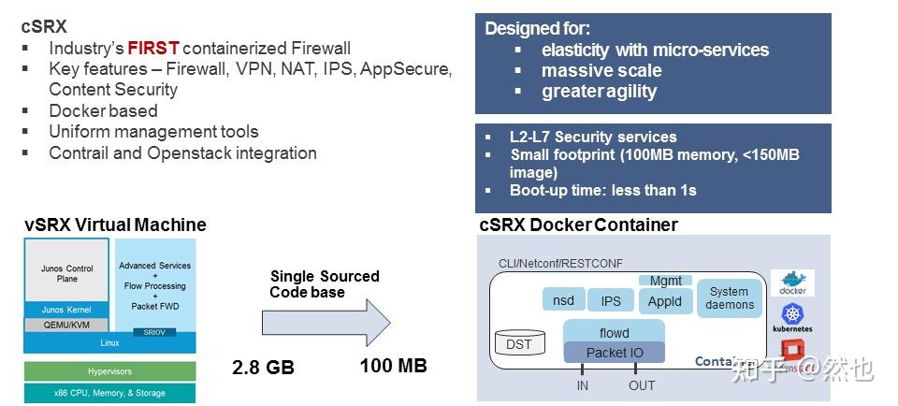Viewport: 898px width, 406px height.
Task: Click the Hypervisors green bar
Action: (x=109, y=371)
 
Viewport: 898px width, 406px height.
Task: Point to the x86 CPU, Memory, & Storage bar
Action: (x=109, y=393)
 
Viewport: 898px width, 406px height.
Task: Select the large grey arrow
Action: (x=326, y=324)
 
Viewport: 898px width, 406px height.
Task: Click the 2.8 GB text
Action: (x=263, y=368)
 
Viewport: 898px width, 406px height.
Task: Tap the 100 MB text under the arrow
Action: (x=393, y=366)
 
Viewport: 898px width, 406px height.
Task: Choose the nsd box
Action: (x=563, y=300)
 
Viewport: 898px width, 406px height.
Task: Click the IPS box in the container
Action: (x=611, y=300)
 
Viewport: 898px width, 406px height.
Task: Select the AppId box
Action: (x=665, y=300)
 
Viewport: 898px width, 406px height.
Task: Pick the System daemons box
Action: (x=730, y=298)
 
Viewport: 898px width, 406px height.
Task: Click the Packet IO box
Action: (x=614, y=353)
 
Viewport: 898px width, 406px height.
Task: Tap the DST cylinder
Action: (x=518, y=344)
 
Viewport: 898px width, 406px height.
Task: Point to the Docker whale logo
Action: (x=792, y=283)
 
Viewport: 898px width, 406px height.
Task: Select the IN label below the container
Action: (x=583, y=385)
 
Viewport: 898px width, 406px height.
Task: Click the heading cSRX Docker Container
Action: (x=578, y=225)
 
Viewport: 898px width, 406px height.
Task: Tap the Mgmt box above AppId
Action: (x=665, y=280)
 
